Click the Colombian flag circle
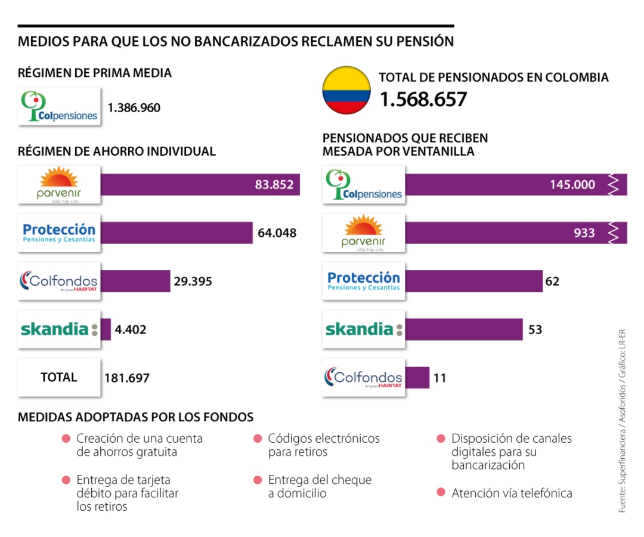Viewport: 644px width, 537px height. (346, 90)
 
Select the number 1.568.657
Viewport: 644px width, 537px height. (423, 99)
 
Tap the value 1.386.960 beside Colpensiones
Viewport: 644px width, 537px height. (134, 108)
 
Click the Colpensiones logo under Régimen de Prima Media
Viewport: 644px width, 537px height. (59, 106)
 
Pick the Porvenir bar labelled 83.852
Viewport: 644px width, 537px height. (200, 184)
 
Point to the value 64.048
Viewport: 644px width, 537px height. (277, 233)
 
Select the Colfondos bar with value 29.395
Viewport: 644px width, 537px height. (135, 281)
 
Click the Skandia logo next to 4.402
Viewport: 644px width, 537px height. (59, 329)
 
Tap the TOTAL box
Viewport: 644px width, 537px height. (59, 377)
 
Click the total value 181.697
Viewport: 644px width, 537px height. (126, 378)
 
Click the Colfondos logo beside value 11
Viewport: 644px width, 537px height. (363, 377)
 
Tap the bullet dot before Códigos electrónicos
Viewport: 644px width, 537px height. (258, 439)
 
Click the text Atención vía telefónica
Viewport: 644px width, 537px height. (512, 493)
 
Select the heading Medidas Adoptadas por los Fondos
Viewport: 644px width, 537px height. (135, 416)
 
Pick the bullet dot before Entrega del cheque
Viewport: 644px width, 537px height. (258, 480)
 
